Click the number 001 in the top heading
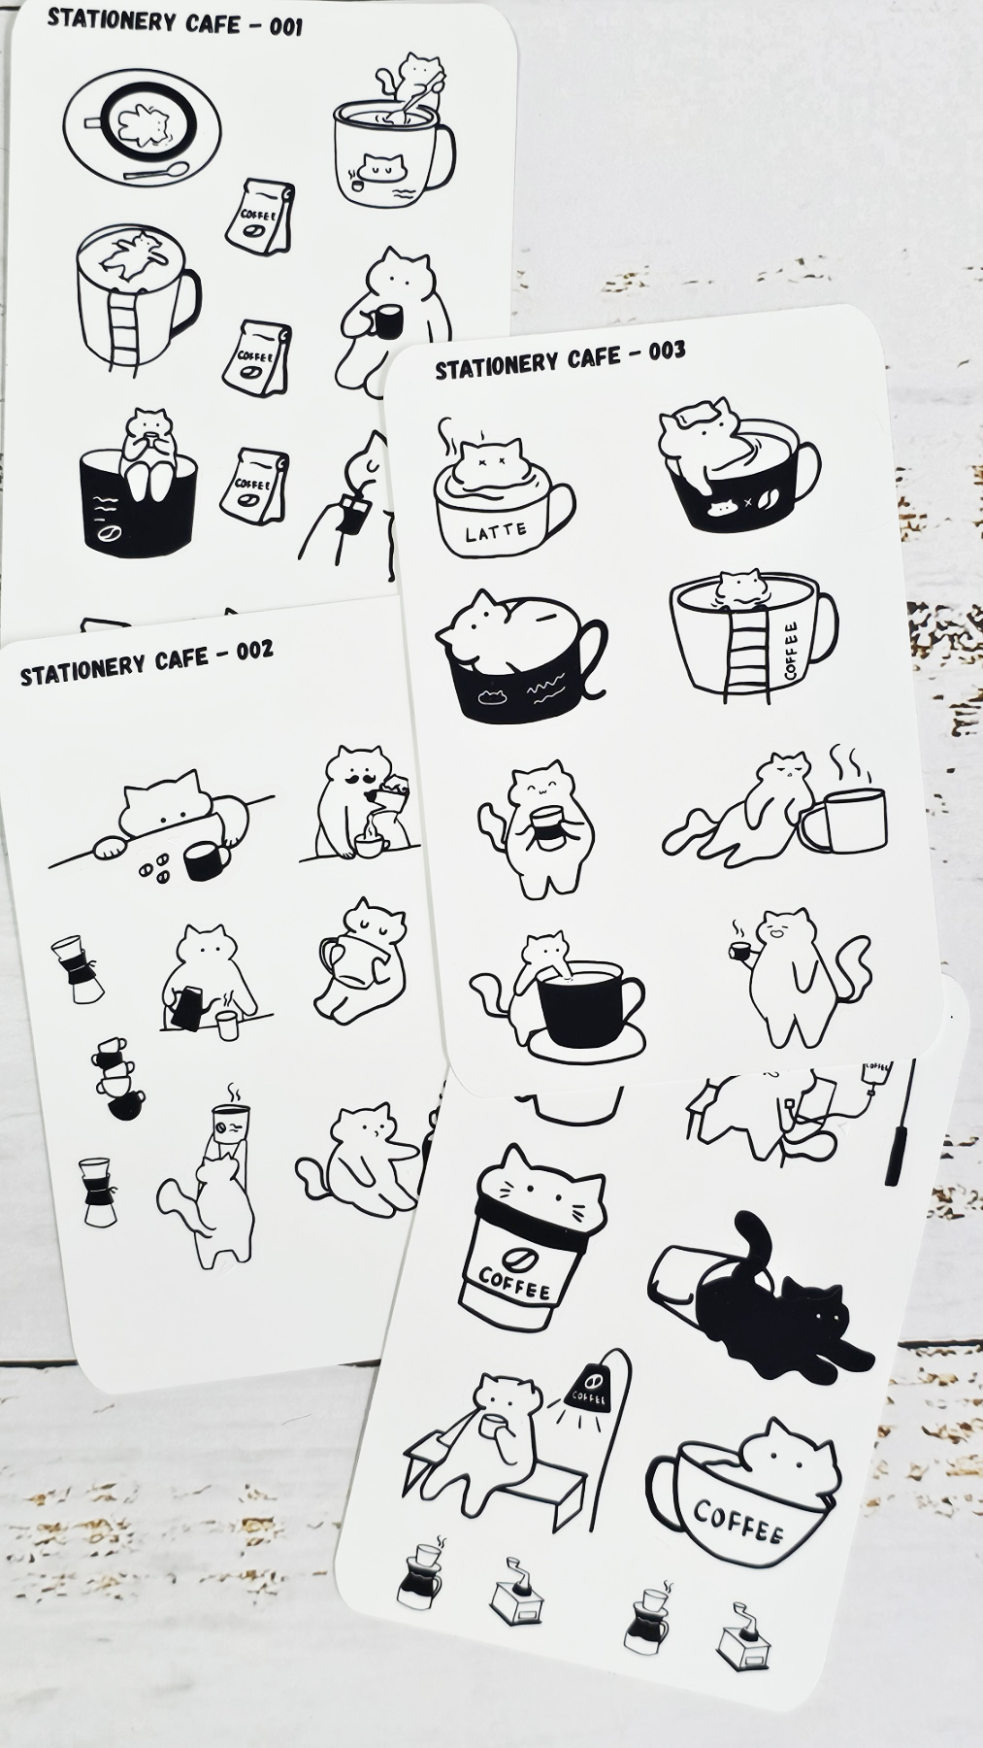click(285, 27)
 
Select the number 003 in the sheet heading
click(667, 351)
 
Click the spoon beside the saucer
click(155, 173)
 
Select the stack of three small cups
click(117, 1078)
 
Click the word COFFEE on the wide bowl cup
click(738, 1523)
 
